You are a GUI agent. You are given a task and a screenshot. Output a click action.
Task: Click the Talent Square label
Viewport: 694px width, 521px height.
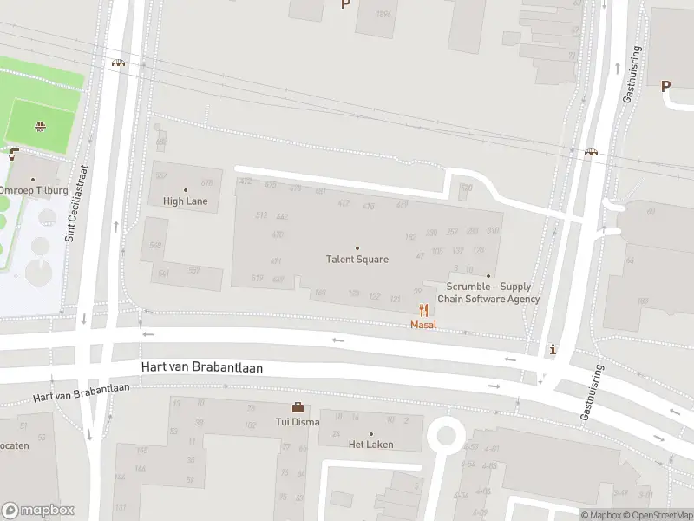pos(357,259)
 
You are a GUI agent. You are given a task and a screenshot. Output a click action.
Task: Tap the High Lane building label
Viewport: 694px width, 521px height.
pos(186,201)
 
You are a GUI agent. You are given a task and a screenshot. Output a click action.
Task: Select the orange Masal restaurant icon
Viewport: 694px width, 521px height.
pos(423,310)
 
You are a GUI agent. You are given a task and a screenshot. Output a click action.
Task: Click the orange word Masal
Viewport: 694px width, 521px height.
pos(423,325)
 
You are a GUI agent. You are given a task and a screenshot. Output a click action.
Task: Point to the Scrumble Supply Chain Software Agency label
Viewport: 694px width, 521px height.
pos(488,293)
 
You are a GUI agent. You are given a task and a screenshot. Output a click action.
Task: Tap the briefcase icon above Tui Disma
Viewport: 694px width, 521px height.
pos(298,407)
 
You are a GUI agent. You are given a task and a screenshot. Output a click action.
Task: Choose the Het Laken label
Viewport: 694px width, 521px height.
pos(370,445)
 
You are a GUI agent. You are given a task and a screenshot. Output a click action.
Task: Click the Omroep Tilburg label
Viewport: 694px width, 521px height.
pos(28,190)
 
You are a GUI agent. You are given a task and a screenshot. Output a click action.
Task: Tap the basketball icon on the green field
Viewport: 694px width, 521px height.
pos(39,127)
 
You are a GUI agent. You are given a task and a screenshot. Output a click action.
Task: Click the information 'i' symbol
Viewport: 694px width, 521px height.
pos(553,350)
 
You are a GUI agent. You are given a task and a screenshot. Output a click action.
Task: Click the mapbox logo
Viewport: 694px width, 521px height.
pos(38,510)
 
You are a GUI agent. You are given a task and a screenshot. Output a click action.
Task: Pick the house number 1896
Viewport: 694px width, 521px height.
pos(383,15)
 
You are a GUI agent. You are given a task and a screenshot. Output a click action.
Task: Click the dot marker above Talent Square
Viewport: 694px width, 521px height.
pos(357,247)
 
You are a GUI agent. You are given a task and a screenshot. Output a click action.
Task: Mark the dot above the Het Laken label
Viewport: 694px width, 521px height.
pos(371,433)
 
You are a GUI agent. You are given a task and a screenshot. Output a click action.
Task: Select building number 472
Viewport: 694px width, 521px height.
pos(246,181)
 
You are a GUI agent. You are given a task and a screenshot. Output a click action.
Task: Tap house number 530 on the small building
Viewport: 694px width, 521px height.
pos(466,187)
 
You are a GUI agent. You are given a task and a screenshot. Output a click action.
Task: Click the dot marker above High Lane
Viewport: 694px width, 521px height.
pos(186,189)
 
